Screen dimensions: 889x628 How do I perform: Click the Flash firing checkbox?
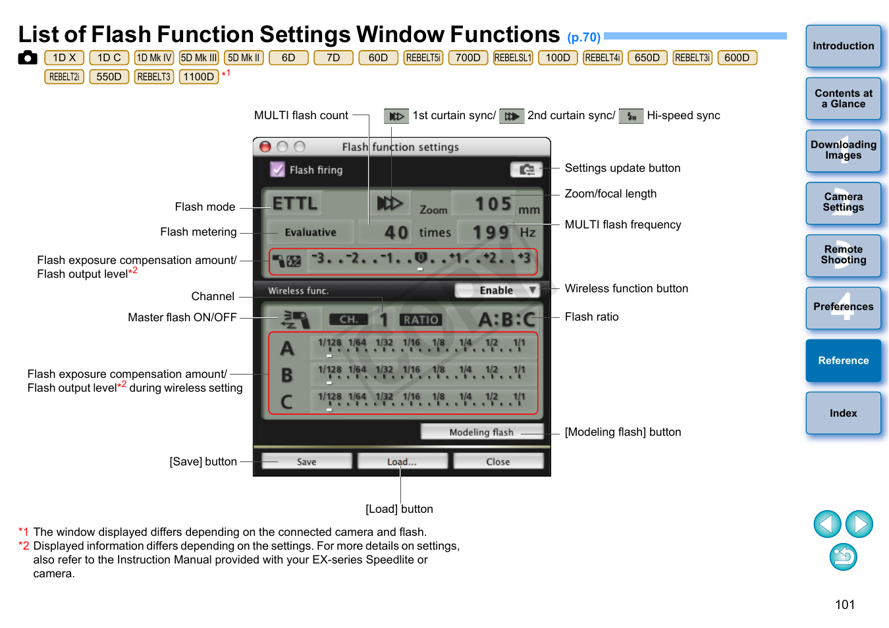point(277,169)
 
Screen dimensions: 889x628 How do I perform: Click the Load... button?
point(402,461)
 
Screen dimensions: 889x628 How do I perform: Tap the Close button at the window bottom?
point(498,461)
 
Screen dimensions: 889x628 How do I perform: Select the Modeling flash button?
point(481,432)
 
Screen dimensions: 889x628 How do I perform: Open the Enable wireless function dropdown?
point(497,290)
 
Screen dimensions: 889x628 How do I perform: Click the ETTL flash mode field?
point(294,203)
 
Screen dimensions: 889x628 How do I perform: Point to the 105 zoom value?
point(493,203)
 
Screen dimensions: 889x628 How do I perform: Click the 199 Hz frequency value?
point(491,232)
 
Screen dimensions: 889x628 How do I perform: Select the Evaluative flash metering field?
point(310,232)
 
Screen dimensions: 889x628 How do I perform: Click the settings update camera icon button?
point(526,170)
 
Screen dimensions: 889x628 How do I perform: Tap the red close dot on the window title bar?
point(265,147)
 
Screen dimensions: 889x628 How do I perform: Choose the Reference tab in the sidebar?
point(844,360)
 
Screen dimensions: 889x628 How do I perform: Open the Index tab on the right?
point(844,413)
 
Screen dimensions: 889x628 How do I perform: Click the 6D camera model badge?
point(288,57)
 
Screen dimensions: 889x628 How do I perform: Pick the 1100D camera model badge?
point(199,76)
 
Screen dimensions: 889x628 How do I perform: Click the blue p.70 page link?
point(583,38)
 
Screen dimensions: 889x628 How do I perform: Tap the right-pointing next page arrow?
point(859,524)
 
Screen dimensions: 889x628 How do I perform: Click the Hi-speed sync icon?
point(631,117)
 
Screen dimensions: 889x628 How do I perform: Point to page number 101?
point(844,604)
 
